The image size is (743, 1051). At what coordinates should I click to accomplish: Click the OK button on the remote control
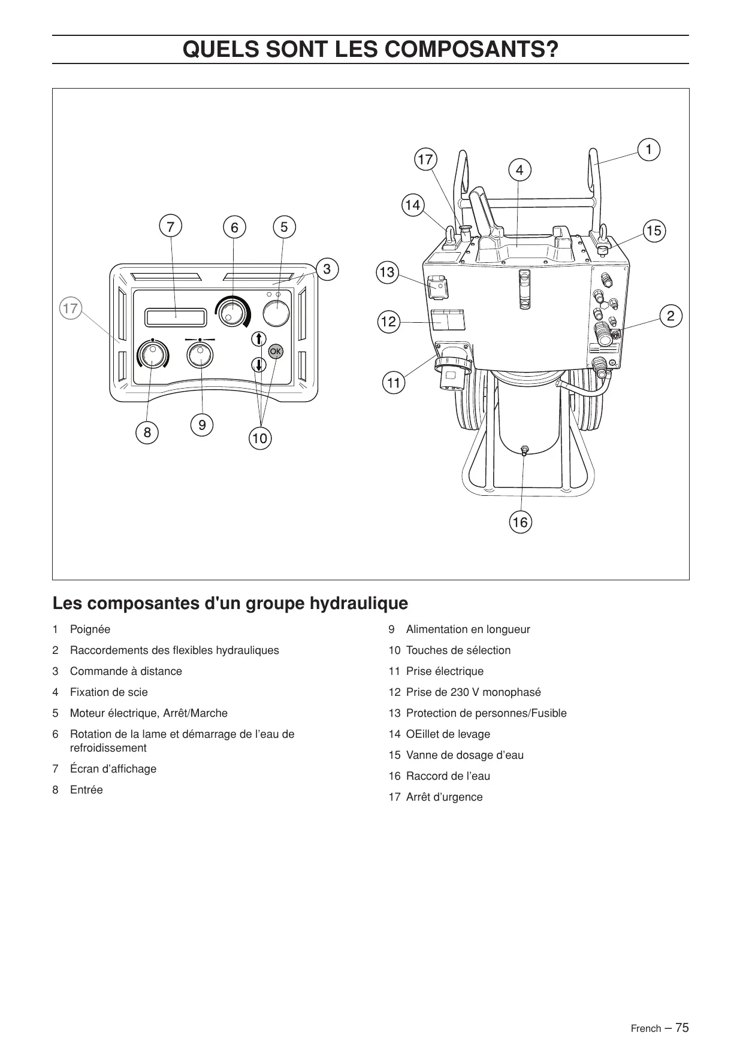coord(276,352)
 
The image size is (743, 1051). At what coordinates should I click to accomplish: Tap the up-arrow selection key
coord(258,339)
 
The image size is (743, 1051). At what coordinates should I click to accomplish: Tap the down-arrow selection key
coord(258,364)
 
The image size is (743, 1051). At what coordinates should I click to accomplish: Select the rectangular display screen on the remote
coord(175,317)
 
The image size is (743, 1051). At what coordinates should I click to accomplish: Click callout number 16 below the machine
coord(520,522)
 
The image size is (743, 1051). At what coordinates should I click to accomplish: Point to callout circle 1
coord(648,149)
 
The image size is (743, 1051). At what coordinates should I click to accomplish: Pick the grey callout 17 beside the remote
coord(71,308)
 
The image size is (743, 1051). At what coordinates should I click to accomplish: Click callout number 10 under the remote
coord(259,438)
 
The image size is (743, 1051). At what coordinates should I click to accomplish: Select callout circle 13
coord(387,272)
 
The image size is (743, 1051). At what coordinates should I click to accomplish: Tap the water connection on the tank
coord(524,450)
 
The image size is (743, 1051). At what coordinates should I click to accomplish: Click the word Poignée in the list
coord(90,629)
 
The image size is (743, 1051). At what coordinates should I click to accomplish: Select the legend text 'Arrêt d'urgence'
coord(444,797)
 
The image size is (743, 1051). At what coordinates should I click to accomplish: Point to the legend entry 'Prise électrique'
coord(445,671)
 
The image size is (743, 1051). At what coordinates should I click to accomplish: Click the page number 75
coord(682,1027)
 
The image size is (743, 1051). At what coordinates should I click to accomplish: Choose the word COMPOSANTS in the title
coord(466,49)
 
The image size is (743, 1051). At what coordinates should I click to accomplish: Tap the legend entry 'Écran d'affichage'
coord(113,769)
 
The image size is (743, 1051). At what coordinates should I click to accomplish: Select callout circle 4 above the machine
coord(520,170)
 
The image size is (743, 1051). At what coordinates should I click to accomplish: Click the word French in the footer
coord(645,1028)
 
